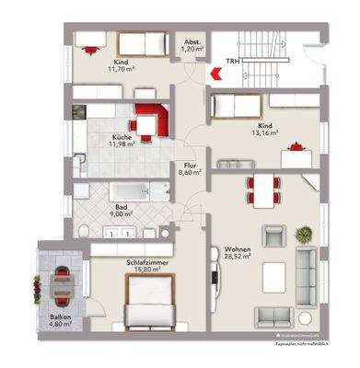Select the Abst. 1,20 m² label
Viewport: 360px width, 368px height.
click(x=192, y=47)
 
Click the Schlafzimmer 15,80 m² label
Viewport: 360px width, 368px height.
click(x=145, y=266)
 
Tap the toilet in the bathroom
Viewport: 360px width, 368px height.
click(x=83, y=229)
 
